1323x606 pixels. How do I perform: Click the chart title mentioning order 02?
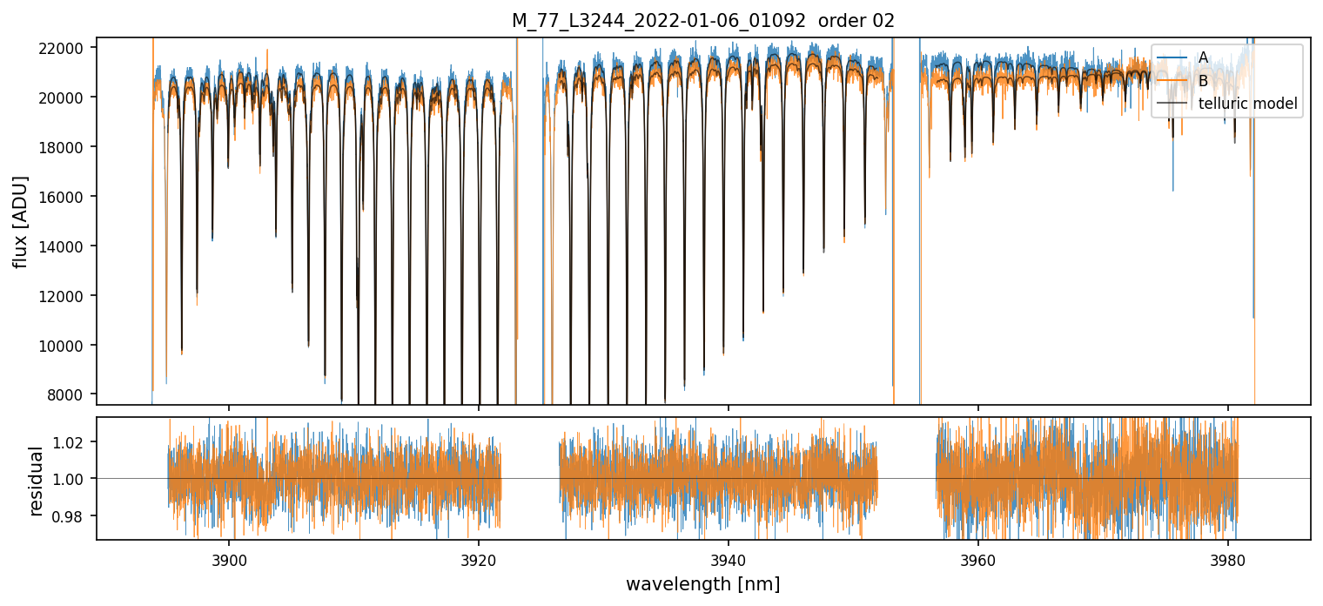tap(702, 21)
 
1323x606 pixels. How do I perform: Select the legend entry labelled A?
tap(1203, 57)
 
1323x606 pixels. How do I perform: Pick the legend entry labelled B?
tap(1203, 81)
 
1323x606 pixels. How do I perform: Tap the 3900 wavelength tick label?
tap(229, 557)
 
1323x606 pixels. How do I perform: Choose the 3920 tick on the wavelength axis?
tap(479, 557)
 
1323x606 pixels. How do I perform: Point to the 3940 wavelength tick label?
tap(729, 557)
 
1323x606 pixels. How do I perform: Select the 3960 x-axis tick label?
tap(978, 557)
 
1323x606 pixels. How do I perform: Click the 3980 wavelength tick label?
tap(1227, 557)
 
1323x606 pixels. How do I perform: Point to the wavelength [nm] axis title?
tap(702, 583)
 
